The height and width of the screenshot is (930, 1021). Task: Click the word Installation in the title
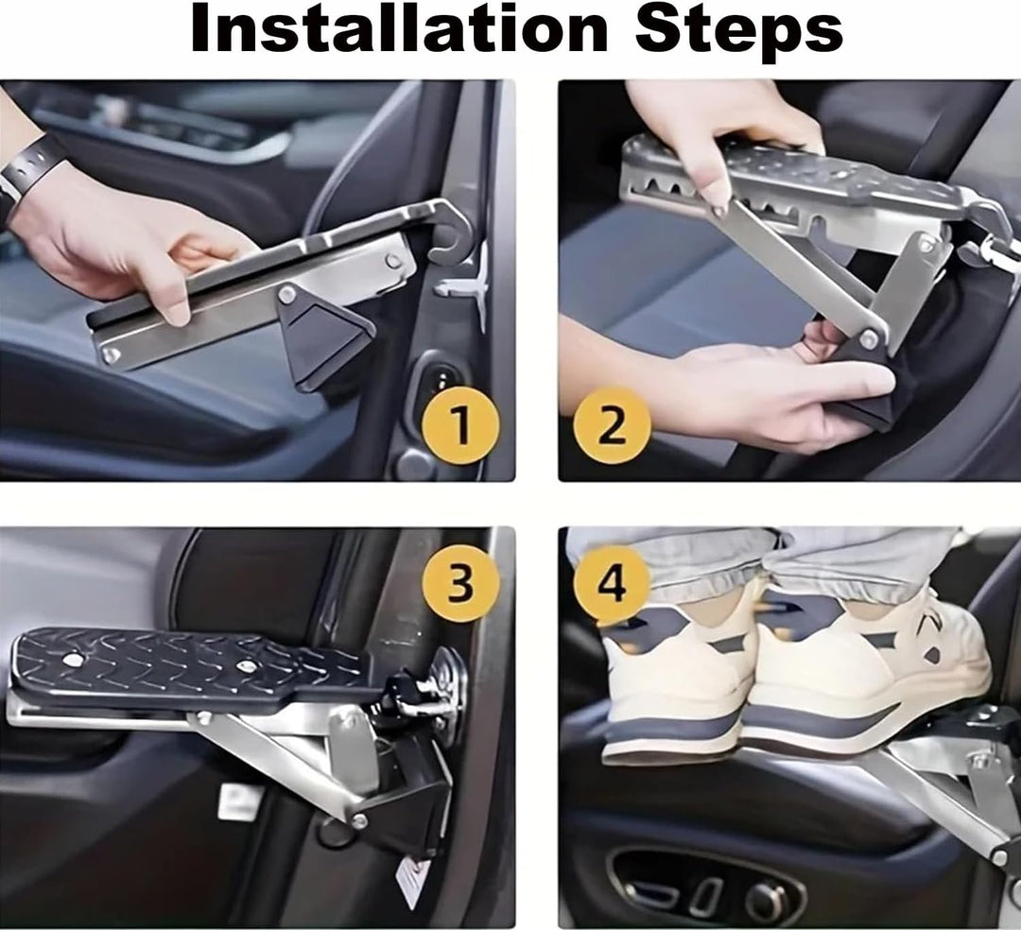point(399,30)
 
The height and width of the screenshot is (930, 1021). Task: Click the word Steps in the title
point(738,32)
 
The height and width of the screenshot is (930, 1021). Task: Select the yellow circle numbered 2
point(612,425)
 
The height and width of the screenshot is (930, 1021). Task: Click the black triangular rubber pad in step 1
point(323,339)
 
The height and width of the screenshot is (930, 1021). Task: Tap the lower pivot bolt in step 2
point(867,338)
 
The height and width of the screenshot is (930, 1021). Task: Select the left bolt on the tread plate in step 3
point(71,660)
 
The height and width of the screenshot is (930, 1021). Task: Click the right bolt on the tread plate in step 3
point(246,666)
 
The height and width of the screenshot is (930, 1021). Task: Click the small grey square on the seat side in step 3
point(240,801)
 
